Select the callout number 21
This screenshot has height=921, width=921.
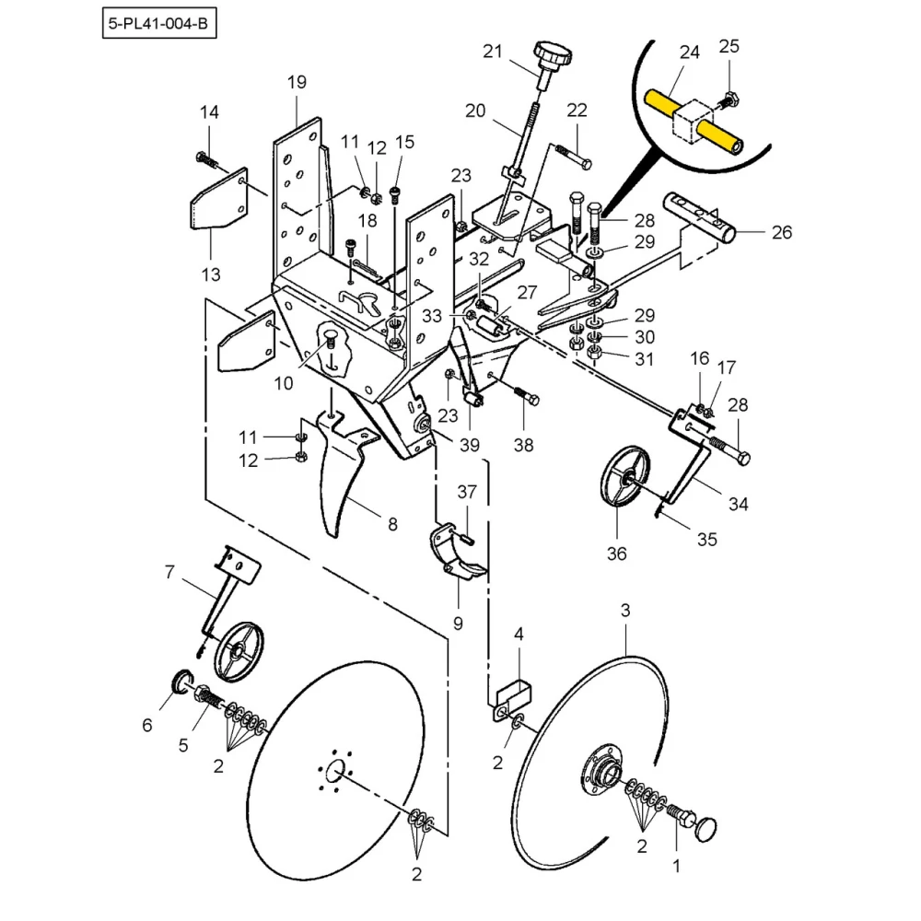493,52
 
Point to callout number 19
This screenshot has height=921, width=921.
297,83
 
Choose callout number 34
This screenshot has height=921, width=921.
738,504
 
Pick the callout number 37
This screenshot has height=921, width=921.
467,493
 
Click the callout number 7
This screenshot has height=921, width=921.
169,573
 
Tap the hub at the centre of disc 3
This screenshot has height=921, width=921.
599,774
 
